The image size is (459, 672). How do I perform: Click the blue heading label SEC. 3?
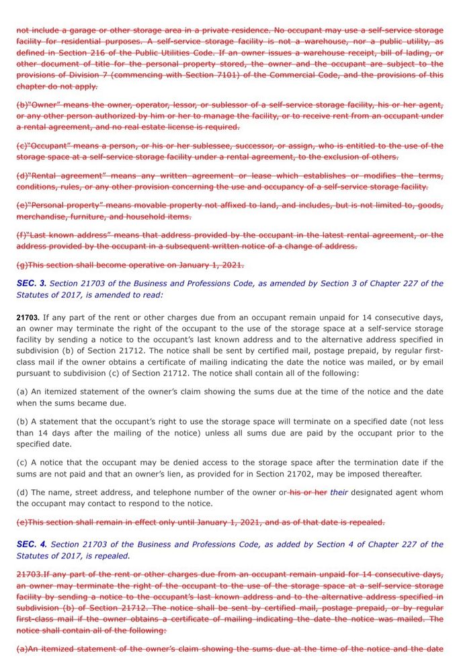(31, 284)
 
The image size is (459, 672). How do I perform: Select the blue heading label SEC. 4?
(31, 544)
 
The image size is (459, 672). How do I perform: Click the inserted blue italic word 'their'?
(339, 493)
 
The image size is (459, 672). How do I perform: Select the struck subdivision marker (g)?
(22, 265)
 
